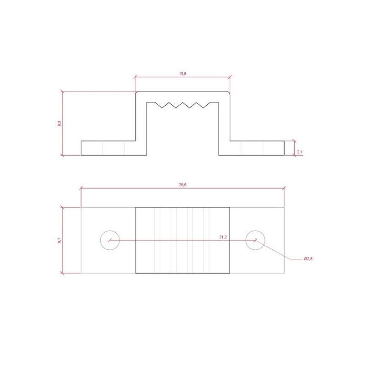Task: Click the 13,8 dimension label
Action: point(183,74)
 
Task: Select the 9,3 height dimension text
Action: point(59,124)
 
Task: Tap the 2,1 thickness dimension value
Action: point(300,152)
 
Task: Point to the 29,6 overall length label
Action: point(183,185)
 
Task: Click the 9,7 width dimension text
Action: point(59,240)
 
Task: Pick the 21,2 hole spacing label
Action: point(223,237)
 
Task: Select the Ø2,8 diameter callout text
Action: point(308,258)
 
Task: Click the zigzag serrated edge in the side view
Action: point(183,105)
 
